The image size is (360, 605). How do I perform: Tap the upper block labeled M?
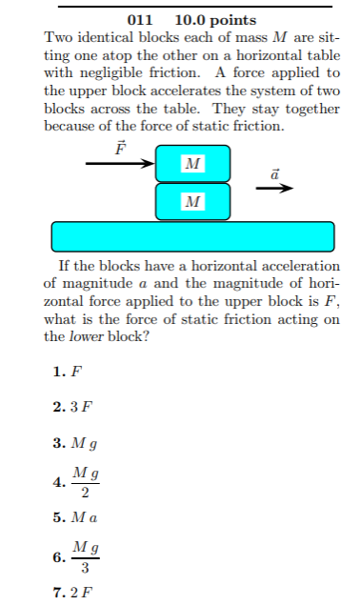click(192, 163)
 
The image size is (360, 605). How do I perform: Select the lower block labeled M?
click(192, 200)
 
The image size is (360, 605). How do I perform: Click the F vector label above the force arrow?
click(120, 148)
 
